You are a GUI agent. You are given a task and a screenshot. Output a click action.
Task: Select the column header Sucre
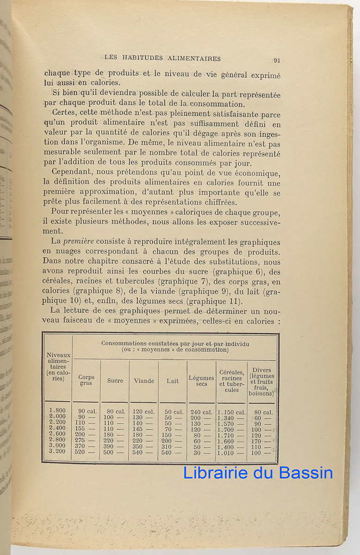point(115,381)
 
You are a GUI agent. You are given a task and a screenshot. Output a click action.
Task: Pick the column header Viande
point(144,381)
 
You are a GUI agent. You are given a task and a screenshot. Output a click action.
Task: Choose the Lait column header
point(173,381)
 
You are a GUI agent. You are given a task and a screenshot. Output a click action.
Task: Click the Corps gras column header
point(86,380)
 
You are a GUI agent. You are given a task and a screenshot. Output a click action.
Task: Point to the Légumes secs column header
point(201,381)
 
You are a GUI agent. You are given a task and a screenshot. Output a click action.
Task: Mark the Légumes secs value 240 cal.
point(201,412)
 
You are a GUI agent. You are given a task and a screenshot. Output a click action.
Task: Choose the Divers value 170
point(258,440)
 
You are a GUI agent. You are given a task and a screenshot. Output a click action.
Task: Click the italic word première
point(79,241)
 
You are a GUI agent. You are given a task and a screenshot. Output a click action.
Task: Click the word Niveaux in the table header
point(58,355)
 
